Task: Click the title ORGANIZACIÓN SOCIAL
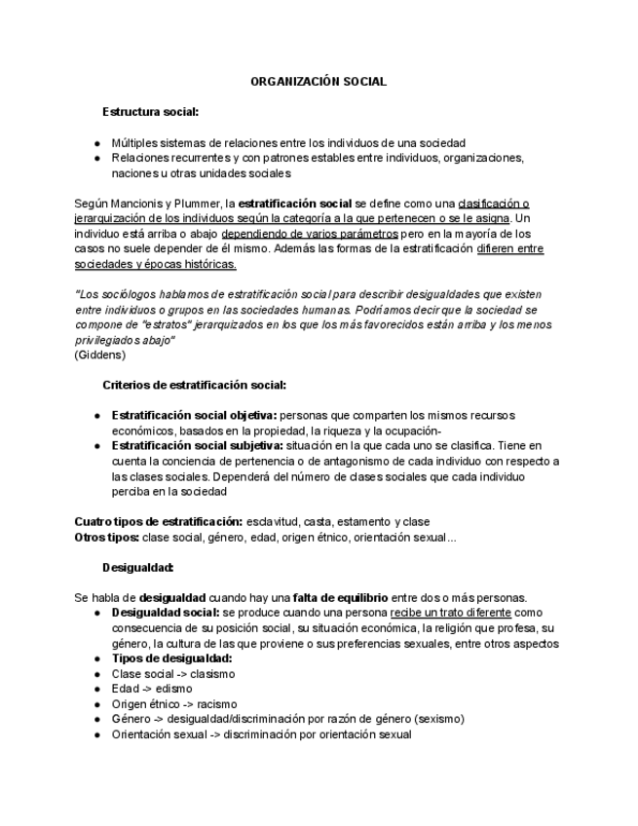pos(319,82)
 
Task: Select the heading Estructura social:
pos(151,112)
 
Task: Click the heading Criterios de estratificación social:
pos(194,385)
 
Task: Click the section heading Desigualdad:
pos(138,567)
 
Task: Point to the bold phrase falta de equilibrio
pos(340,597)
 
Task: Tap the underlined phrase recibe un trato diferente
pos(450,613)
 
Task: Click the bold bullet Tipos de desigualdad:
pos(171,658)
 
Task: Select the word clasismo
pos(213,674)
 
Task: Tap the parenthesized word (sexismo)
pos(438,719)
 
